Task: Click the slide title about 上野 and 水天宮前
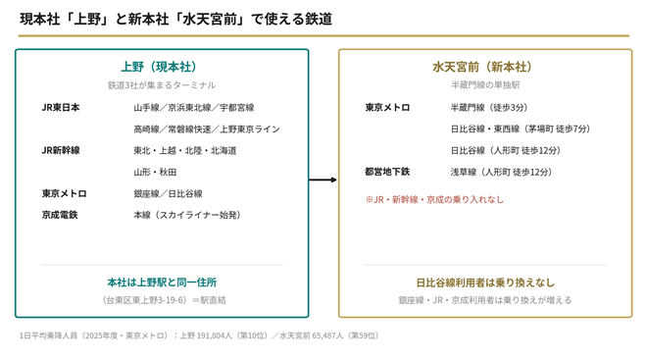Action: (175, 19)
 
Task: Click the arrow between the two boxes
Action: (323, 180)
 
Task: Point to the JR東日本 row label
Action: (61, 107)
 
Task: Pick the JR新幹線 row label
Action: (61, 150)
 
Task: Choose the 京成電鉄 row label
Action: (60, 215)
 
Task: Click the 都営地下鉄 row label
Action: (387, 172)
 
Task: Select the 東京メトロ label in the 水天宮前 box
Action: (387, 107)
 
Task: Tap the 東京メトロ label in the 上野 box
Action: (65, 193)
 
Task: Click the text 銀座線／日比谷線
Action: (168, 193)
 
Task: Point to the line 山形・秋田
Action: (155, 173)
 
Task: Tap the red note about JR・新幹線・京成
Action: (434, 200)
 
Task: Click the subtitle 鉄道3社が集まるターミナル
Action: (162, 85)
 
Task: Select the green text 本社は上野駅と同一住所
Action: (162, 283)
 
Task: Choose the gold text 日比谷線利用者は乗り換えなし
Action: (485, 283)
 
